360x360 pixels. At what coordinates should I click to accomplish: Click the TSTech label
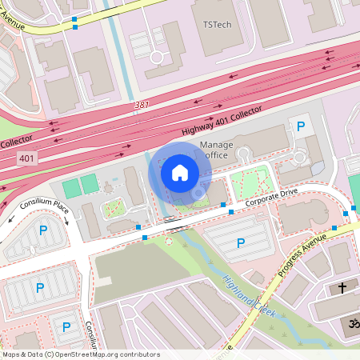pos(218,25)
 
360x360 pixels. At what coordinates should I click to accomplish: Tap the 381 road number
pos(142,104)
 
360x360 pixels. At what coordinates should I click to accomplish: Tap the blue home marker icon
pos(180,172)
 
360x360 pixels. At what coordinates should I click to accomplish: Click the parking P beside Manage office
pos(301,126)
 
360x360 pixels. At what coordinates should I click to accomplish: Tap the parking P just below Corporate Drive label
pos(241,243)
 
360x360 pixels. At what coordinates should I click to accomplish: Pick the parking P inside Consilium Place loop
pos(42,231)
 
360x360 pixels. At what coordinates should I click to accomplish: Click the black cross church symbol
pos(342,287)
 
